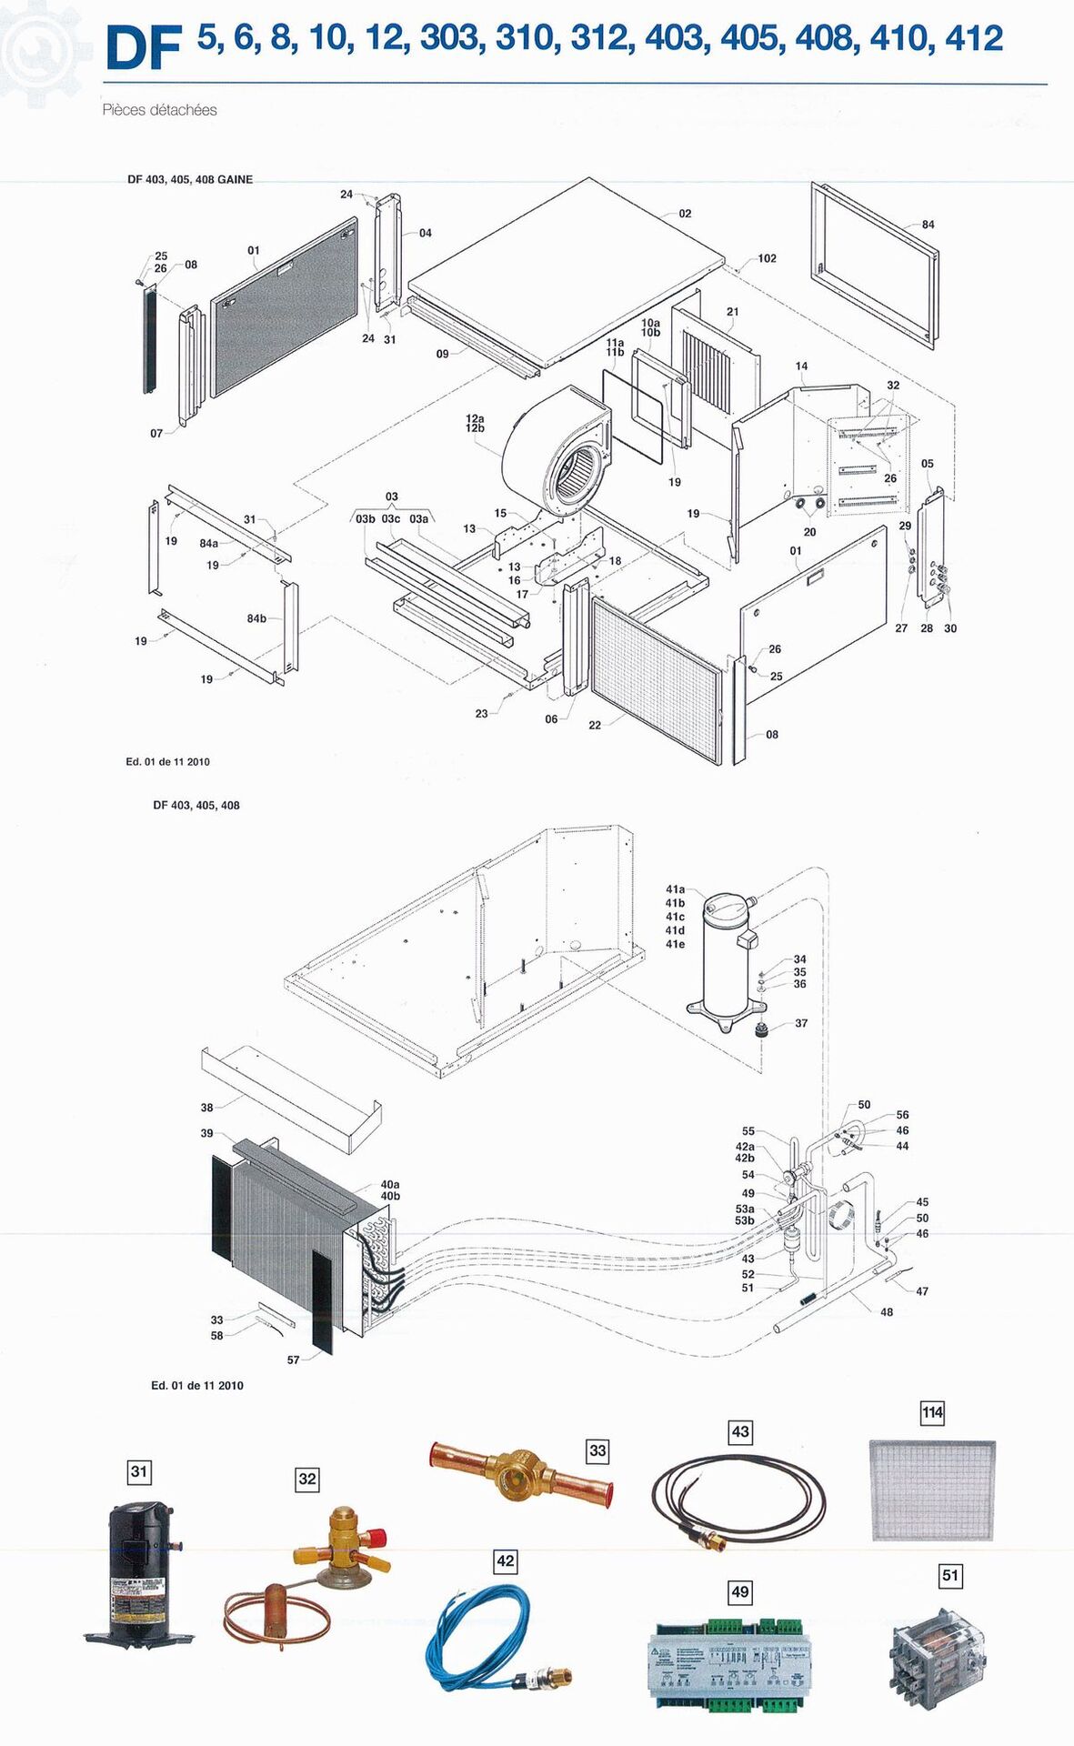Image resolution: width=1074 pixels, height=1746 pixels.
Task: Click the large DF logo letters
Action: pos(144,48)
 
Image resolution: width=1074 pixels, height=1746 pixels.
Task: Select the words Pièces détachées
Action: pos(159,110)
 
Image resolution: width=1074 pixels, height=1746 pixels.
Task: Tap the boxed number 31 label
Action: pos(139,1471)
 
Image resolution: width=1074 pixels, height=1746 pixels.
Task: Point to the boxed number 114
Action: pos(932,1412)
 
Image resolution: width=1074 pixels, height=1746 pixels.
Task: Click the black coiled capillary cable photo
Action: pos(738,1498)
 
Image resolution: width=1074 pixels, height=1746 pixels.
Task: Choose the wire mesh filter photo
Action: pos(932,1490)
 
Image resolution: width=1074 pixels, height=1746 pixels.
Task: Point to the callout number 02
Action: pos(685,214)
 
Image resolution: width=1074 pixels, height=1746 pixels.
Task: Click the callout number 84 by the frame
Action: pos(928,225)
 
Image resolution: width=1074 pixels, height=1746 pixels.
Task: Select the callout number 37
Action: pos(801,1023)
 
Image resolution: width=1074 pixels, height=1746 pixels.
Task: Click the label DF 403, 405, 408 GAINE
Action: pos(190,180)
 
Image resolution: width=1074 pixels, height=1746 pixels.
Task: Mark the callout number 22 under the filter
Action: pos(595,725)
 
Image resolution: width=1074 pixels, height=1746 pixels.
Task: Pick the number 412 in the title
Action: pos(974,38)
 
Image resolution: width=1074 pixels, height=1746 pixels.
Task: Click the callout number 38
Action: pos(207,1108)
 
